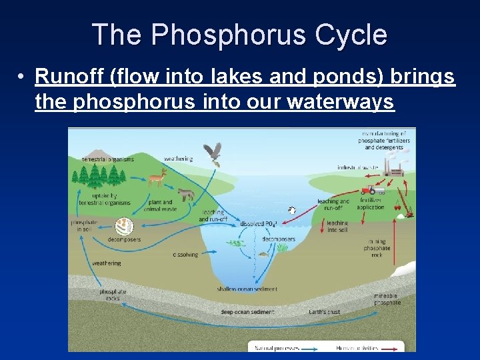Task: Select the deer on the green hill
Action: click(157, 177)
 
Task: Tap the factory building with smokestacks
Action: click(396, 169)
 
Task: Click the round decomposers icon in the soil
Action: click(124, 227)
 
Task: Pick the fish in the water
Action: click(263, 253)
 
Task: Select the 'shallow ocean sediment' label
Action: click(247, 289)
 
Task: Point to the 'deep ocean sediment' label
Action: click(247, 311)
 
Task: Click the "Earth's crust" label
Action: click(325, 311)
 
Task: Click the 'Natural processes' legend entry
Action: click(275, 346)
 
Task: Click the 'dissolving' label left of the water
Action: click(185, 254)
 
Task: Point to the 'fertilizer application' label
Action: click(371, 203)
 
